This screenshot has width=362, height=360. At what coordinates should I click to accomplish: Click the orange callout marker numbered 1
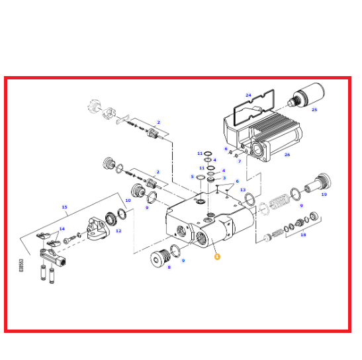pyautogui.click(x=217, y=257)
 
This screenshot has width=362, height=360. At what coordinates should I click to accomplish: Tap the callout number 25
pyautogui.click(x=314, y=110)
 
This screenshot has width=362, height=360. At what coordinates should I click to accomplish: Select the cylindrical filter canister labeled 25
pyautogui.click(x=306, y=96)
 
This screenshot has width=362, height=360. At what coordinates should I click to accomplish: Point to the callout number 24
pyautogui.click(x=248, y=95)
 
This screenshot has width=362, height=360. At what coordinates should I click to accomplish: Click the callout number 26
pyautogui.click(x=287, y=155)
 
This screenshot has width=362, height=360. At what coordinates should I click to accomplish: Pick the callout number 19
pyautogui.click(x=324, y=195)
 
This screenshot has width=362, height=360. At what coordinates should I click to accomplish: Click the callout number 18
pyautogui.click(x=303, y=235)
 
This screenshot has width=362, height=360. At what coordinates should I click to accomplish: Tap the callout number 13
pyautogui.click(x=243, y=190)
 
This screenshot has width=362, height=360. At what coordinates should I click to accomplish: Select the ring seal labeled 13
pyautogui.click(x=249, y=199)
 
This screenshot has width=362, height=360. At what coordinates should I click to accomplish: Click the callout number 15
pyautogui.click(x=64, y=207)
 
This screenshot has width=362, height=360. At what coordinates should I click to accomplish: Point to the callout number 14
pyautogui.click(x=62, y=229)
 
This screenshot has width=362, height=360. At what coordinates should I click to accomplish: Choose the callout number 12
pyautogui.click(x=118, y=231)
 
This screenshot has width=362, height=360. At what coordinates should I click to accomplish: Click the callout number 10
pyautogui.click(x=128, y=201)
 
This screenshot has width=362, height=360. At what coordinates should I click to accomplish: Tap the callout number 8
pyautogui.click(x=169, y=267)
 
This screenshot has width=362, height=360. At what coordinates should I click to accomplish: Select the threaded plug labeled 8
pyautogui.click(x=160, y=258)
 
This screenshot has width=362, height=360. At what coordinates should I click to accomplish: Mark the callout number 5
pyautogui.click(x=192, y=177)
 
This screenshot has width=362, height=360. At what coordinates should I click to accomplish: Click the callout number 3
pyautogui.click(x=224, y=178)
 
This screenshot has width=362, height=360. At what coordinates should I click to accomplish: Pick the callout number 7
pyautogui.click(x=240, y=161)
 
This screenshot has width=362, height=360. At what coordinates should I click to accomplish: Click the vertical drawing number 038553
pyautogui.click(x=21, y=265)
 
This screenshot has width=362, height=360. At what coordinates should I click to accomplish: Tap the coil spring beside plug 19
pyautogui.click(x=279, y=202)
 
